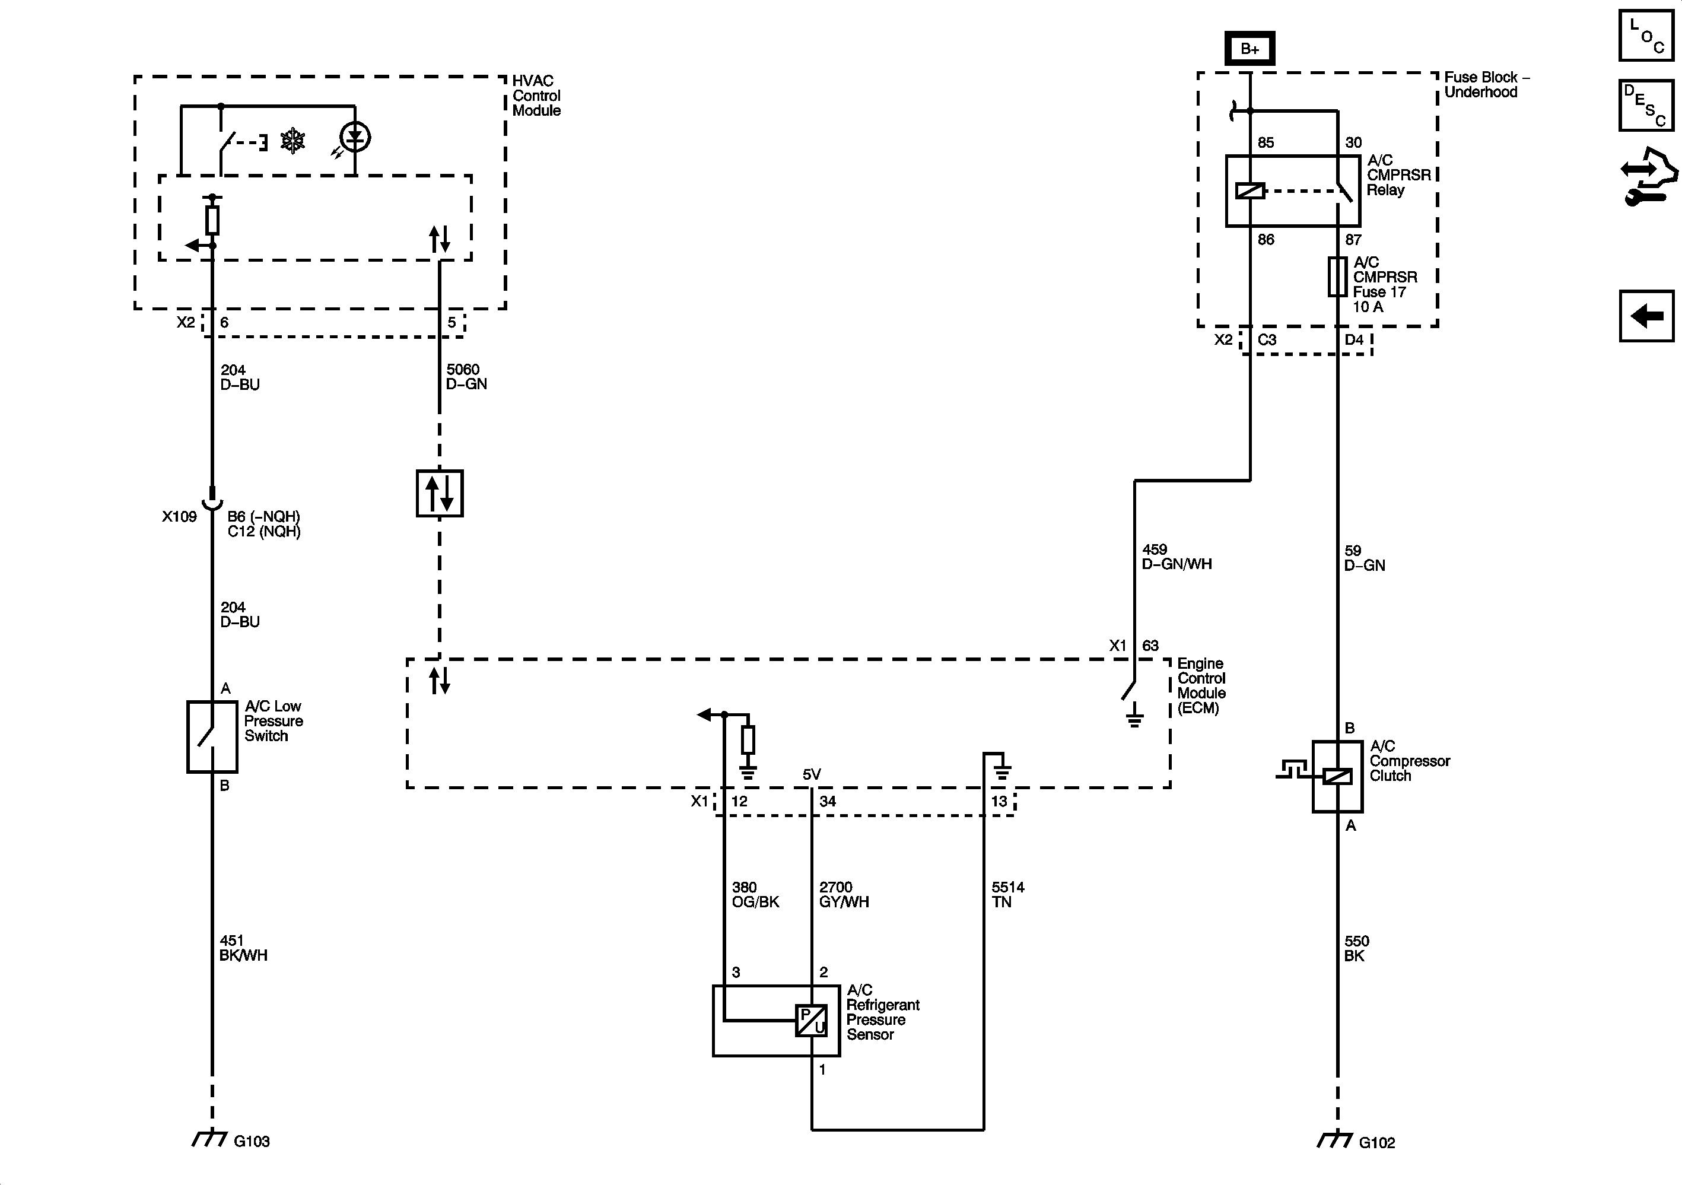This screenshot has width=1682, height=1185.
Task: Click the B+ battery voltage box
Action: coord(1249,49)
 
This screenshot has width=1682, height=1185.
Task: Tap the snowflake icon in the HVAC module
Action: coord(293,141)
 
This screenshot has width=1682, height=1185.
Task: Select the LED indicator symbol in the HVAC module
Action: coord(355,137)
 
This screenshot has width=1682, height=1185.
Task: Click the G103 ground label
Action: coord(252,1141)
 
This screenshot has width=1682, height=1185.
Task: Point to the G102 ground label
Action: coord(1376,1142)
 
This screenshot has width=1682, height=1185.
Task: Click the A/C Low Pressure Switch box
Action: coord(212,736)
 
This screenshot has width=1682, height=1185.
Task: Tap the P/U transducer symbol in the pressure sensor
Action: coord(812,1020)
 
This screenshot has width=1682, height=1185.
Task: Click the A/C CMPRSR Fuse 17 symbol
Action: coord(1338,277)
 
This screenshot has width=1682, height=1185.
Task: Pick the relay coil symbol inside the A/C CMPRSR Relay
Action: coord(1249,191)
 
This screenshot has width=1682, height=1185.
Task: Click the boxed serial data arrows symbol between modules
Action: coord(440,493)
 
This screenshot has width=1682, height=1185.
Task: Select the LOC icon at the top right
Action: coord(1646,35)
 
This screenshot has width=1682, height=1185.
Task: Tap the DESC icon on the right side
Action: coord(1646,106)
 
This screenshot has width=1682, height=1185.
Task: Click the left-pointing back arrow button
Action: coord(1646,316)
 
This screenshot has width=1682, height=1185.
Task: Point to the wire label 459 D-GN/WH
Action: coord(1177,557)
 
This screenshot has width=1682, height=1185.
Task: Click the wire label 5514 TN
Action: coord(1007,894)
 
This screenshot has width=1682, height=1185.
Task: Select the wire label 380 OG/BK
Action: coord(755,894)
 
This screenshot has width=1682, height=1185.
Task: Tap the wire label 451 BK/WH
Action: coord(243,948)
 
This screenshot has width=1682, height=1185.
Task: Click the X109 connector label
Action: coord(180,517)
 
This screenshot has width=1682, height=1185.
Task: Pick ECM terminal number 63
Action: coord(1150,646)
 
